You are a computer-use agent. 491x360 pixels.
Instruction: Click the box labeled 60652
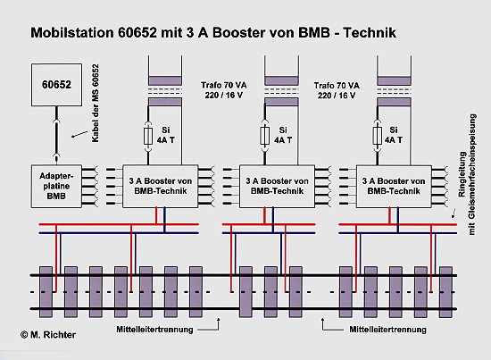(x=56, y=85)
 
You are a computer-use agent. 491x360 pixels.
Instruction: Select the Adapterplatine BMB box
(x=56, y=186)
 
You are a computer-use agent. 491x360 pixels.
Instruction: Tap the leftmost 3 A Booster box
(x=161, y=186)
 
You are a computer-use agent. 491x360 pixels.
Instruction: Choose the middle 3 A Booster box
(x=277, y=186)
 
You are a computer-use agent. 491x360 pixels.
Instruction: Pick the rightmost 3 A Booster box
(x=394, y=186)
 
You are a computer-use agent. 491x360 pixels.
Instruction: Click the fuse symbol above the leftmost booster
(x=148, y=136)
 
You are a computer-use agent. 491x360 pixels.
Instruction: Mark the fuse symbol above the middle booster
(x=264, y=136)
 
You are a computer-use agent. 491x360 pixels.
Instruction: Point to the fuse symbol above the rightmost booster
(x=378, y=136)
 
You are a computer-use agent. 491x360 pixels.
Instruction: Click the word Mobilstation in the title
(x=72, y=32)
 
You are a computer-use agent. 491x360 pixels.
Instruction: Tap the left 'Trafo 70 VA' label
(x=223, y=85)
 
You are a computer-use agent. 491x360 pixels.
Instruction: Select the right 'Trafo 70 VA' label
(x=337, y=85)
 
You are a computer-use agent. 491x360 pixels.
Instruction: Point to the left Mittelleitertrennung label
(x=154, y=330)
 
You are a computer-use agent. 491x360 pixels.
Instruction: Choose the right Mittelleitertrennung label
(x=388, y=330)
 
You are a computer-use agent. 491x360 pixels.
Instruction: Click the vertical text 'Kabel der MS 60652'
(x=96, y=104)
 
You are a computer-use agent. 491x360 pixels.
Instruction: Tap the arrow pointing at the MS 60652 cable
(x=79, y=134)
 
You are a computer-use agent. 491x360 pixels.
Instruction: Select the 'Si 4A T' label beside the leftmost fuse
(x=166, y=135)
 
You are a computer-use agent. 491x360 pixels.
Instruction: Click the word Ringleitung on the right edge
(x=462, y=174)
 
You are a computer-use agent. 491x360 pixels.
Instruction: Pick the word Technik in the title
(x=370, y=32)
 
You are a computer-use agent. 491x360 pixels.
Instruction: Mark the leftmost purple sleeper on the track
(x=46, y=292)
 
